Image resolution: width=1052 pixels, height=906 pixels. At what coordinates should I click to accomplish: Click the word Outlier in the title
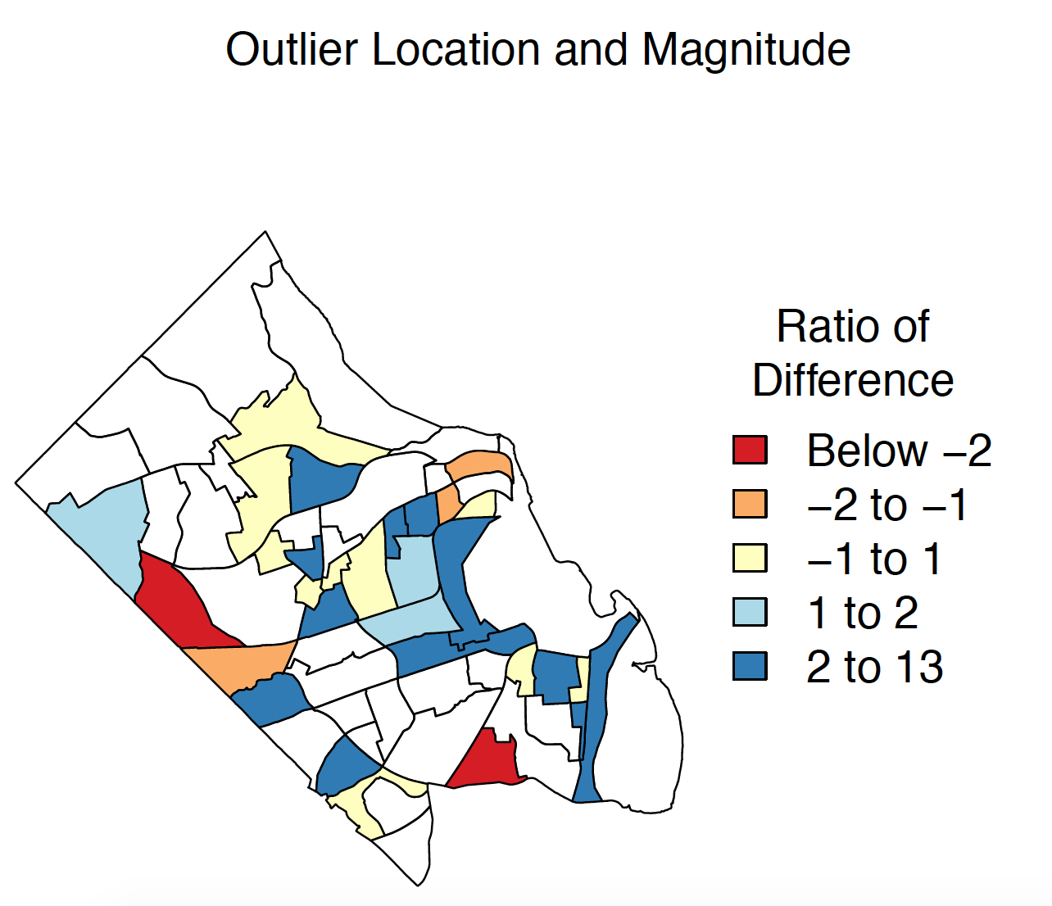(x=292, y=50)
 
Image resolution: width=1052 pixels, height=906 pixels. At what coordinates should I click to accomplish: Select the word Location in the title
(x=456, y=50)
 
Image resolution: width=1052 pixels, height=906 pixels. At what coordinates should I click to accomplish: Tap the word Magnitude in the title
(x=746, y=51)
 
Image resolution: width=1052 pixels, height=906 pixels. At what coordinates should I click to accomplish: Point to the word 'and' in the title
(x=591, y=50)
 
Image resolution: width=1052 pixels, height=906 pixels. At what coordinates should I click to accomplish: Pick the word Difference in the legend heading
(x=853, y=380)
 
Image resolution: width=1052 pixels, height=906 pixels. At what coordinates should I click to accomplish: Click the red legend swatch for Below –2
(x=750, y=450)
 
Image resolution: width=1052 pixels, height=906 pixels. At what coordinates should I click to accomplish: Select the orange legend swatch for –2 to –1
(x=750, y=504)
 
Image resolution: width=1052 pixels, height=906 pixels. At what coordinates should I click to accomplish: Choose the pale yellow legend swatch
(x=750, y=558)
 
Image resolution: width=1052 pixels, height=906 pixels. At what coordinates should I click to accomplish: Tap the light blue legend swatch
(x=750, y=612)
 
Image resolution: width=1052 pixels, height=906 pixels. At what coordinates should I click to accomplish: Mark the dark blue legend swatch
(x=750, y=666)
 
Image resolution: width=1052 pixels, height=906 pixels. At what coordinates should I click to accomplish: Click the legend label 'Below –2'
(x=900, y=451)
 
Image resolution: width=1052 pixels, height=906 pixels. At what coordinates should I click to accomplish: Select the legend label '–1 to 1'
(x=874, y=559)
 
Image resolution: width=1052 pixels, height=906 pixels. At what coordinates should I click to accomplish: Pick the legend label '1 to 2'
(x=863, y=613)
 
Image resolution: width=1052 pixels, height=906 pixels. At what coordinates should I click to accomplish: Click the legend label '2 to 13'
(x=875, y=667)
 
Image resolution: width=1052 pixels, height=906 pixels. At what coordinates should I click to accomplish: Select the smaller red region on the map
(x=487, y=760)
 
